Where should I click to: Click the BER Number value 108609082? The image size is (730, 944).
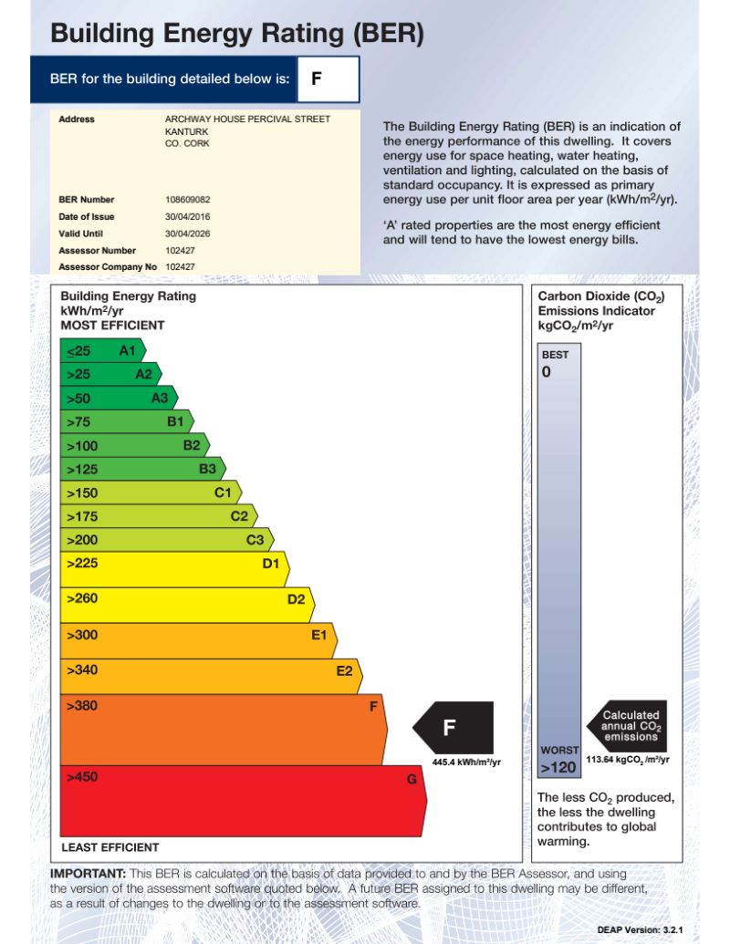pyautogui.click(x=187, y=199)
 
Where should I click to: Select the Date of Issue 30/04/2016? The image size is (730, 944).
pyautogui.click(x=184, y=216)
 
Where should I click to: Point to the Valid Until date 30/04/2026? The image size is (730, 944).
pyautogui.click(x=184, y=233)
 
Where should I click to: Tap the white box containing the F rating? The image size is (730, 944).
pyautogui.click(x=328, y=79)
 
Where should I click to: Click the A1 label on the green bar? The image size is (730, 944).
pyautogui.click(x=127, y=350)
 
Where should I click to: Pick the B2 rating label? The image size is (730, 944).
pyautogui.click(x=191, y=446)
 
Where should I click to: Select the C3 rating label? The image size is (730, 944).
pyautogui.click(x=255, y=540)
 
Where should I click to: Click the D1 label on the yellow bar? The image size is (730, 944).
pyautogui.click(x=270, y=564)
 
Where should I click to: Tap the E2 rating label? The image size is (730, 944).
pyautogui.click(x=344, y=671)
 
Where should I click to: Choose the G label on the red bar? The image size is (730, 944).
pyautogui.click(x=412, y=781)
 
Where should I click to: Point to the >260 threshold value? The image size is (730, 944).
pyautogui.click(x=81, y=598)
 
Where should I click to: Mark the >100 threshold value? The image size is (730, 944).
pyautogui.click(x=81, y=446)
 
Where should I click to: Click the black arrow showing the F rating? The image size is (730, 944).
pyautogui.click(x=454, y=728)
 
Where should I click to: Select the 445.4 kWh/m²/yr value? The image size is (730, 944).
pyautogui.click(x=466, y=762)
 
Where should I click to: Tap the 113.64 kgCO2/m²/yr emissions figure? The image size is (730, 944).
pyautogui.click(x=628, y=759)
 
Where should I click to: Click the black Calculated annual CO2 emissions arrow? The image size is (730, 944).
pyautogui.click(x=629, y=726)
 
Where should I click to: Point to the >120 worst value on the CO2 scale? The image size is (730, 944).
pyautogui.click(x=558, y=768)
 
